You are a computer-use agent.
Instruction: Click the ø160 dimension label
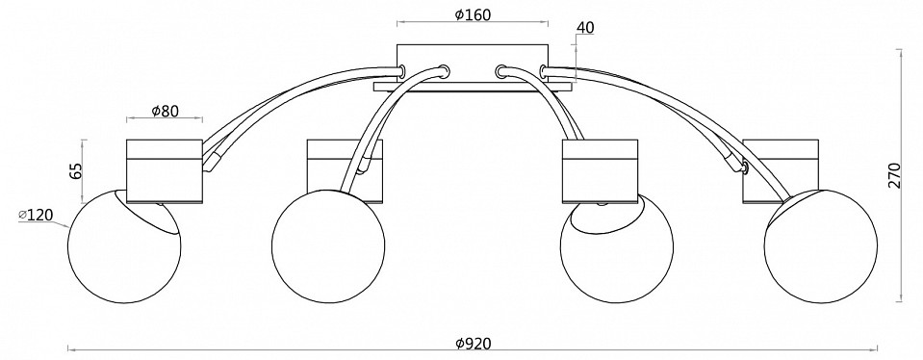pyautogui.click(x=473, y=14)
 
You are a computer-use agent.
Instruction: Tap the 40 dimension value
pyautogui.click(x=586, y=28)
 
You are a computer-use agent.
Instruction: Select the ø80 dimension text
pyautogui.click(x=165, y=111)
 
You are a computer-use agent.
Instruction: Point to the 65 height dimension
pyautogui.click(x=75, y=170)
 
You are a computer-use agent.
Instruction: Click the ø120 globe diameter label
pyautogui.click(x=36, y=216)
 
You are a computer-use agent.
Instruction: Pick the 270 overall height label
pyautogui.click(x=894, y=175)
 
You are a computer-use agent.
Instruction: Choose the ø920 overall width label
pyautogui.click(x=474, y=343)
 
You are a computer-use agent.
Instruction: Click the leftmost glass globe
pyautogui.click(x=124, y=246)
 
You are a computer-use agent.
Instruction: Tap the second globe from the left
pyautogui.click(x=328, y=246)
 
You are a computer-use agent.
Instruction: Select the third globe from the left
pyautogui.click(x=616, y=247)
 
